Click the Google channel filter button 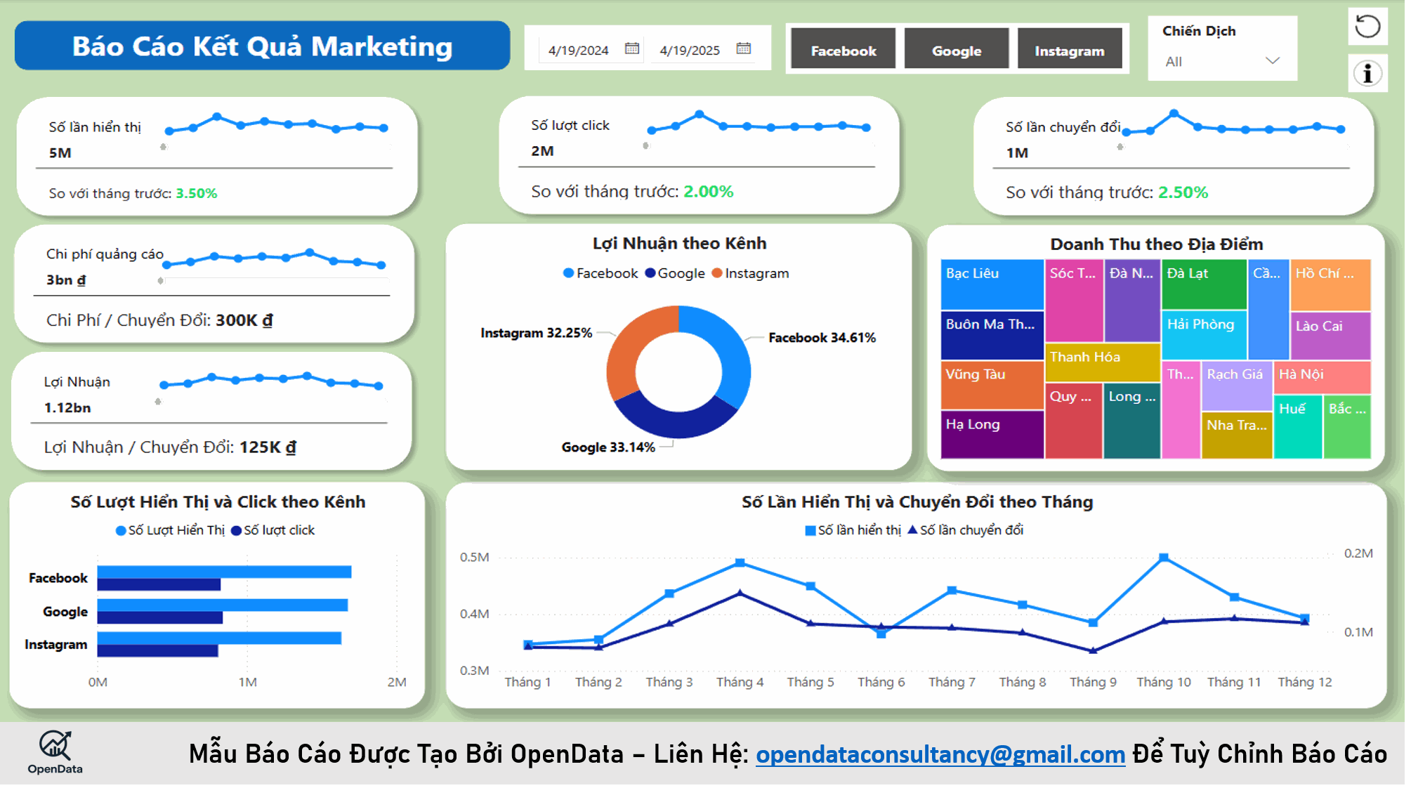[956, 51]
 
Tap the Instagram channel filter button [1069, 51]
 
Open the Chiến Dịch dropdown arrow [1272, 61]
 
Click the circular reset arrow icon [1367, 27]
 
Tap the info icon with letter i [1367, 73]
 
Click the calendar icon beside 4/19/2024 [631, 48]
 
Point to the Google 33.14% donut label [608, 447]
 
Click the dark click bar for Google [159, 618]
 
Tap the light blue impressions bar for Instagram [219, 638]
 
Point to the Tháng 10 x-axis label [1163, 682]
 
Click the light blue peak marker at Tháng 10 [1163, 558]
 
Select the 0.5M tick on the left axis [474, 557]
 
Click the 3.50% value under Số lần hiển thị [196, 193]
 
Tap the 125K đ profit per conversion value [268, 447]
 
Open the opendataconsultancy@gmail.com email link [940, 754]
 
